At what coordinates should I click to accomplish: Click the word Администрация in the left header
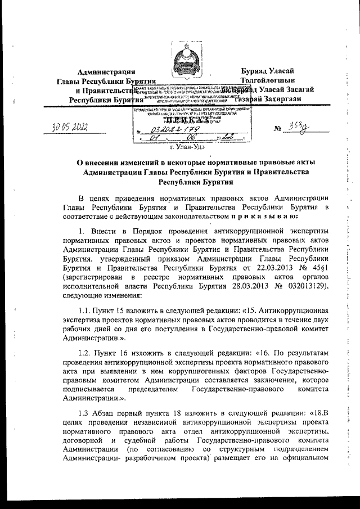point(106,71)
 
